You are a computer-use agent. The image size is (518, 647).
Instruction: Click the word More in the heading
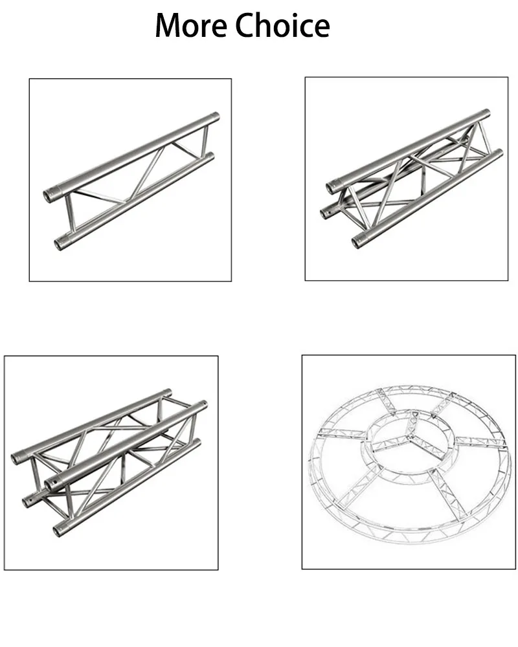click(x=191, y=26)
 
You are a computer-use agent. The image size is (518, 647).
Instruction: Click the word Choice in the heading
click(x=282, y=26)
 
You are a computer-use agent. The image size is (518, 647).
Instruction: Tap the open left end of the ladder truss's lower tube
click(x=56, y=245)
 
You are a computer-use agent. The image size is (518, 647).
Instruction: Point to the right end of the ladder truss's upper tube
click(x=216, y=118)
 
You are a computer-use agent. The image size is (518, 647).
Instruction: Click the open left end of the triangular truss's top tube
click(x=331, y=188)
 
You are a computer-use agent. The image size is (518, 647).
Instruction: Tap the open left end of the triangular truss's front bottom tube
click(x=357, y=243)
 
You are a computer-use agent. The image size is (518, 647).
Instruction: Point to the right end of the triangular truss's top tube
click(x=487, y=114)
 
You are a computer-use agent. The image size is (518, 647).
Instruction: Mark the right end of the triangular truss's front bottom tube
click(x=500, y=153)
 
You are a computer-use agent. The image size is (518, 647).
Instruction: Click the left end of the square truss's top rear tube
click(x=16, y=459)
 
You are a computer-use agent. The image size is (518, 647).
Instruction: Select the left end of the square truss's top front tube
click(x=50, y=483)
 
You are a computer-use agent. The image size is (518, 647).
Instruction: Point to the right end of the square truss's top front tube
click(x=204, y=404)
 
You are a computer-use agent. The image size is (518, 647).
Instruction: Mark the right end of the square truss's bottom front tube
click(x=197, y=443)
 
